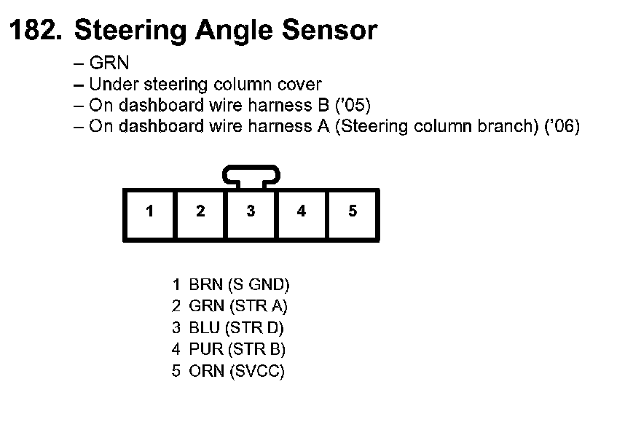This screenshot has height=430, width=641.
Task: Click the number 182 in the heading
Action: pyautogui.click(x=34, y=31)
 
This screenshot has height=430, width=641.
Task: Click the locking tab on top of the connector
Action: pyautogui.click(x=251, y=176)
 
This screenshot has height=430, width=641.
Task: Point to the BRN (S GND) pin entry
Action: pyautogui.click(x=231, y=284)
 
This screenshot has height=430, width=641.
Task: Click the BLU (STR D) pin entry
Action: pyautogui.click(x=229, y=328)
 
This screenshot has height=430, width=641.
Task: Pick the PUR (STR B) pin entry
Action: pyautogui.click(x=229, y=350)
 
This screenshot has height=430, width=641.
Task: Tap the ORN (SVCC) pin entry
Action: pyautogui.click(x=229, y=372)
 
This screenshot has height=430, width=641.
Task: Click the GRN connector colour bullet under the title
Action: pyautogui.click(x=109, y=63)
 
